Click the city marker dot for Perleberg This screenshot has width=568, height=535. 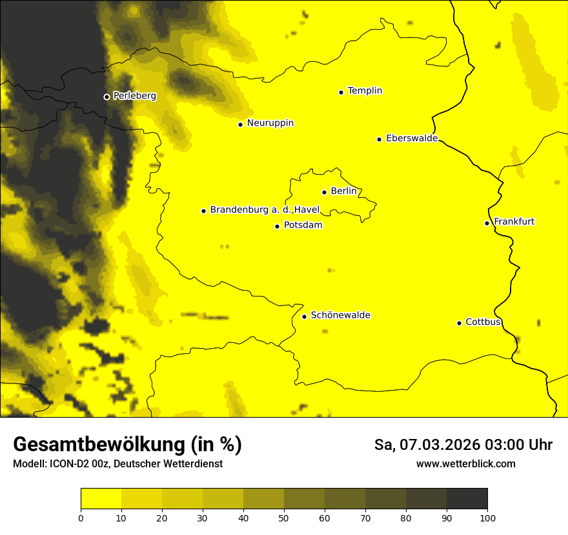click(x=107, y=97)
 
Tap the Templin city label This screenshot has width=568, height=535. click(x=365, y=91)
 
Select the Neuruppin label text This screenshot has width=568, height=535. click(x=270, y=123)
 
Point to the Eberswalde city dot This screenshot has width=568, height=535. click(x=379, y=139)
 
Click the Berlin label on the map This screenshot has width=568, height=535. click(x=343, y=191)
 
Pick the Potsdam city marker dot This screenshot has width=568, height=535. click(x=277, y=226)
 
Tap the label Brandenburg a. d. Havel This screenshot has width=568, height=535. click(x=265, y=210)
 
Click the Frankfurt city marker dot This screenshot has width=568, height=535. click(x=487, y=223)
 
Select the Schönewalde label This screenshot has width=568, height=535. click(x=340, y=315)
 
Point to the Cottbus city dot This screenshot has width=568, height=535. click(x=459, y=323)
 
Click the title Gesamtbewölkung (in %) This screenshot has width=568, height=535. click(x=127, y=445)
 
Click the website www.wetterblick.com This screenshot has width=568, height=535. click(x=465, y=463)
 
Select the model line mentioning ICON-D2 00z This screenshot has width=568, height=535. click(x=117, y=463)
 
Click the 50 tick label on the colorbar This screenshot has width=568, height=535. click(x=284, y=518)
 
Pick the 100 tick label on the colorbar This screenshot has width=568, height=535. click(x=487, y=518)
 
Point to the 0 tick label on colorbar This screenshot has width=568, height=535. click(x=81, y=518)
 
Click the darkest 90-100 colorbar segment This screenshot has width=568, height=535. click(x=467, y=498)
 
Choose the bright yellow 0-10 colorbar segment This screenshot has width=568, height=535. click(x=101, y=498)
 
